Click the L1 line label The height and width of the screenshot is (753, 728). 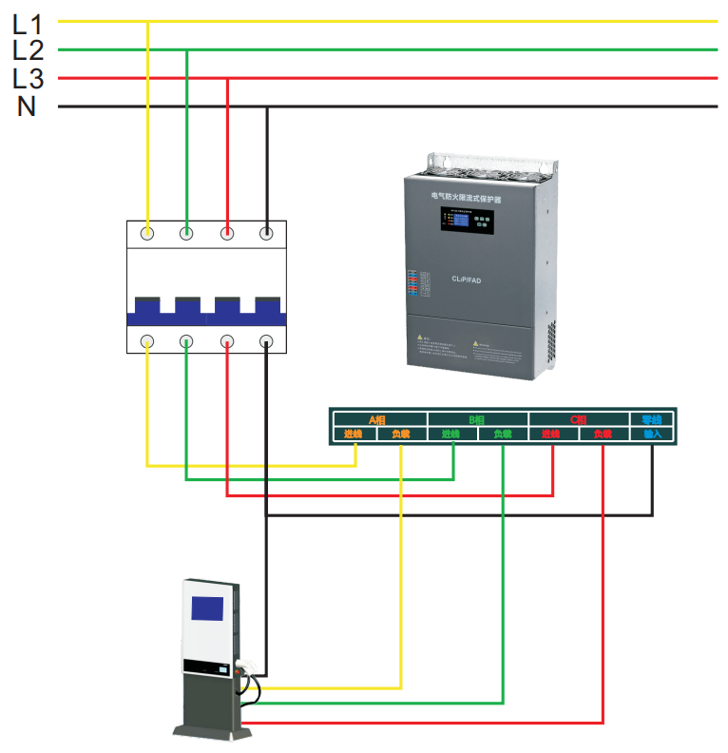[28, 24]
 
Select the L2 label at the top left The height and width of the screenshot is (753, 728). [28, 50]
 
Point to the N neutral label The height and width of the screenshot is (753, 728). [27, 106]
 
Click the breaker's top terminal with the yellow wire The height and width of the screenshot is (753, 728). [147, 232]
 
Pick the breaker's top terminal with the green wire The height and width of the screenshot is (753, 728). [187, 232]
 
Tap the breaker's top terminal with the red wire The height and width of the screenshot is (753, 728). [227, 232]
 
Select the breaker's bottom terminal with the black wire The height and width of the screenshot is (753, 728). [267, 341]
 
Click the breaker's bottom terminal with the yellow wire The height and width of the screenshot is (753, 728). [147, 341]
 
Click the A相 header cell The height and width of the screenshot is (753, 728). [377, 419]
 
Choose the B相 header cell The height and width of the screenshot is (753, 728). [477, 419]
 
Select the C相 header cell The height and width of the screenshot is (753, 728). [578, 419]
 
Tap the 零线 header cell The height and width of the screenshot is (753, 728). [652, 419]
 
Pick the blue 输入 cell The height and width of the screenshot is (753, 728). [652, 434]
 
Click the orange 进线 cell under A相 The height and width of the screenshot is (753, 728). [354, 434]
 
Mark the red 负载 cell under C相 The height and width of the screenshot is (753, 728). [603, 434]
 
